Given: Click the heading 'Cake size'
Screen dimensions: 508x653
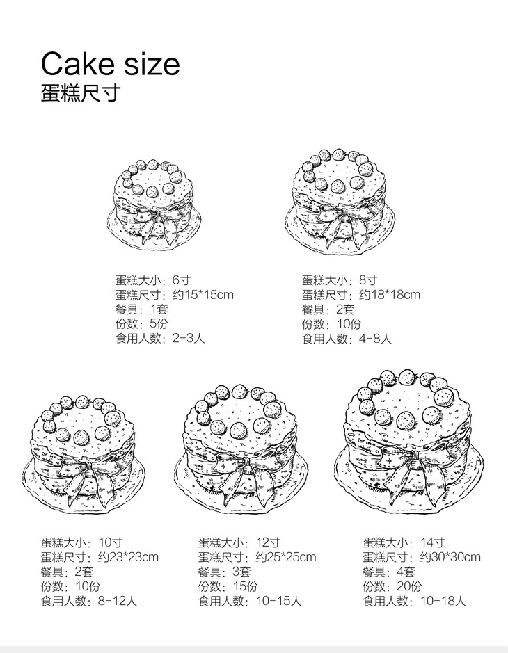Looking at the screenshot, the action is click(110, 64).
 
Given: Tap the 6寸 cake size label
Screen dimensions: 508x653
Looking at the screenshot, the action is click(181, 280).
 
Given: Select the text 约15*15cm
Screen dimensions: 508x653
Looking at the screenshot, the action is click(203, 295).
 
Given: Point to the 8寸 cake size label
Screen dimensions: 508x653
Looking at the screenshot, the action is click(367, 280).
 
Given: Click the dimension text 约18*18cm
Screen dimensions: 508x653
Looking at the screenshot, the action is click(390, 295).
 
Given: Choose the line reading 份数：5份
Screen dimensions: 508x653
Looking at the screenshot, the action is click(142, 324).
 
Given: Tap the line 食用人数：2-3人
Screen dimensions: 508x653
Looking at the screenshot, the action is click(160, 339).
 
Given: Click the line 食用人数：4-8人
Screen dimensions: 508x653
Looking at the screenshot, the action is click(347, 339).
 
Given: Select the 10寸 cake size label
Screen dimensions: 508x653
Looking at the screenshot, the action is click(111, 542).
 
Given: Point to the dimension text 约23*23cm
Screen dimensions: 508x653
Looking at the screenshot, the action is click(128, 557).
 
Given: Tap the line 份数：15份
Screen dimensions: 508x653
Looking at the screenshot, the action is click(228, 586).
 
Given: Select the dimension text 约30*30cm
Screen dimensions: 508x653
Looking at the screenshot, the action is click(450, 557).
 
